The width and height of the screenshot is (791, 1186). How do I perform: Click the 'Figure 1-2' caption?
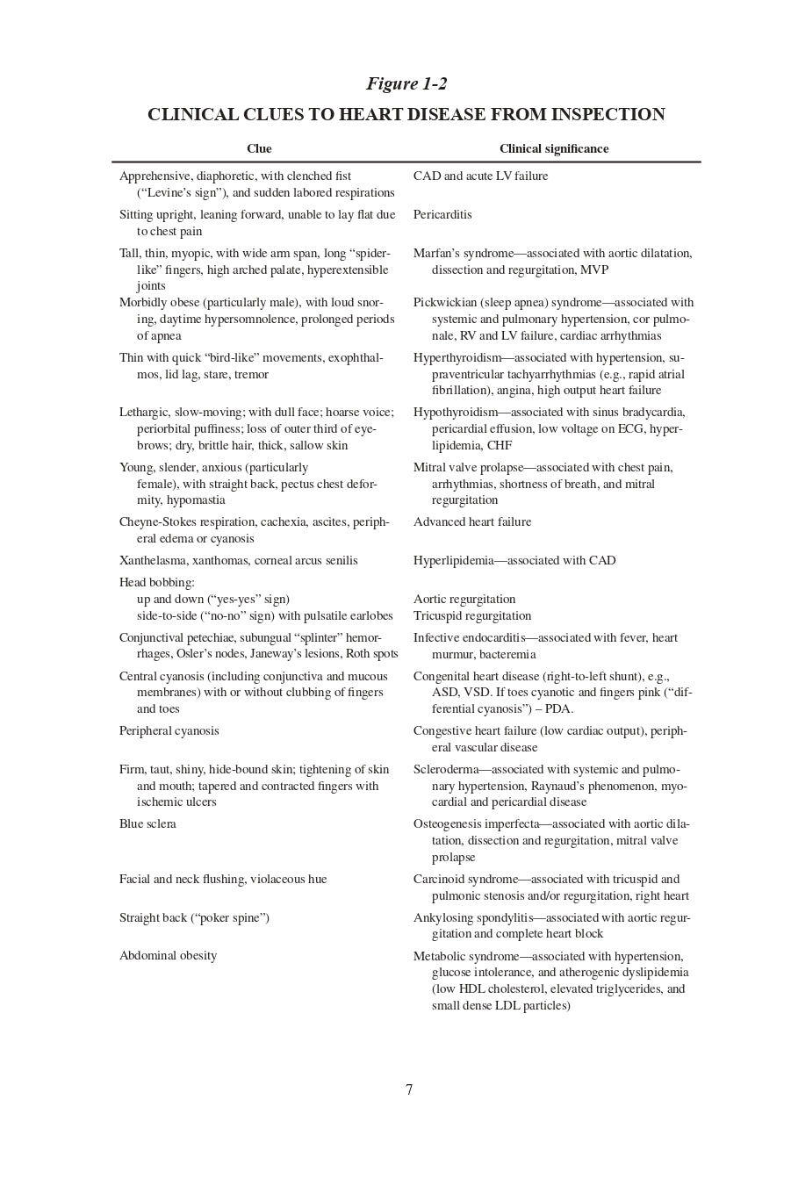406,84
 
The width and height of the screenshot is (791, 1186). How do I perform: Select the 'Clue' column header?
259,149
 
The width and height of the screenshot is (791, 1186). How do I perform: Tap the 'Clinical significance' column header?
554,149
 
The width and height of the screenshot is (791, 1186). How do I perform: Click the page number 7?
409,1090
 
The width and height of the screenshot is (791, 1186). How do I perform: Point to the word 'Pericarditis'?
442,215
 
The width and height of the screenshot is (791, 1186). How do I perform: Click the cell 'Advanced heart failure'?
472,522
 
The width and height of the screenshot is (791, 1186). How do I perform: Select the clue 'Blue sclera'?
147,824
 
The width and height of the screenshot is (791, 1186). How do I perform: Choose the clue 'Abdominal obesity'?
168,956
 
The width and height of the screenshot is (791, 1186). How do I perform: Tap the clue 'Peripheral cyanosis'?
169,731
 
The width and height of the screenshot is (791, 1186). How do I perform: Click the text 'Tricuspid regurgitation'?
472,616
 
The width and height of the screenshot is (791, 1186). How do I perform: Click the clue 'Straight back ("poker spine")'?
194,918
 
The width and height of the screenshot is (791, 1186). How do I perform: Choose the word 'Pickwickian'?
445,303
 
